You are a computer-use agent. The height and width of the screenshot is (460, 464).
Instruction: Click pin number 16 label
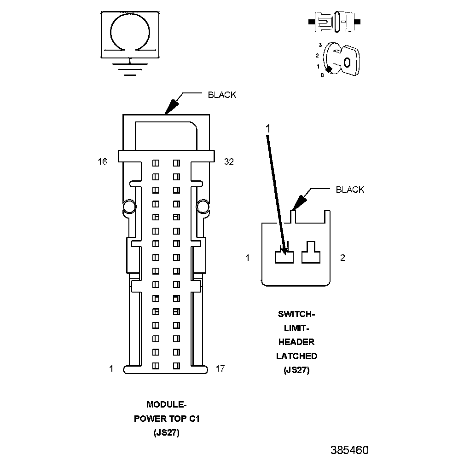[102, 161]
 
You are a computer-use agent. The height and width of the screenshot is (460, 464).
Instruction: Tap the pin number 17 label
[220, 368]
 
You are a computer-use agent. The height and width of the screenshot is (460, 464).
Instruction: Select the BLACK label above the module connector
[222, 95]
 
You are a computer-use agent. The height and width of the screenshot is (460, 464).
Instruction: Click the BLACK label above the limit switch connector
[350, 190]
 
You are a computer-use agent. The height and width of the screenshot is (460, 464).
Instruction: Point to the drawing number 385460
[349, 449]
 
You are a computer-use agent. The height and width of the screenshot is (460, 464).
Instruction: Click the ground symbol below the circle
[130, 69]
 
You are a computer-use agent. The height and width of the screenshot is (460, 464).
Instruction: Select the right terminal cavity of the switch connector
[312, 254]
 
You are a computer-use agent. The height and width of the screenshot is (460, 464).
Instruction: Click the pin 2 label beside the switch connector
[342, 258]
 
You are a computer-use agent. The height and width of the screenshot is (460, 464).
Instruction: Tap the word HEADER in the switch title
[296, 342]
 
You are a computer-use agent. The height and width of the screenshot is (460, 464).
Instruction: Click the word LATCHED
[296, 356]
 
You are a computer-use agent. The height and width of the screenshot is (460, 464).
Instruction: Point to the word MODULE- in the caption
[166, 405]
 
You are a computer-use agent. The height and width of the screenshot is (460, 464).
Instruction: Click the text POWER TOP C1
[166, 419]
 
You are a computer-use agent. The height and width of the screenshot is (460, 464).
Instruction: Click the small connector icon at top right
[336, 22]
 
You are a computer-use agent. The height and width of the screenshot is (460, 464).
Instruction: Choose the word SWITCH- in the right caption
[296, 314]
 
